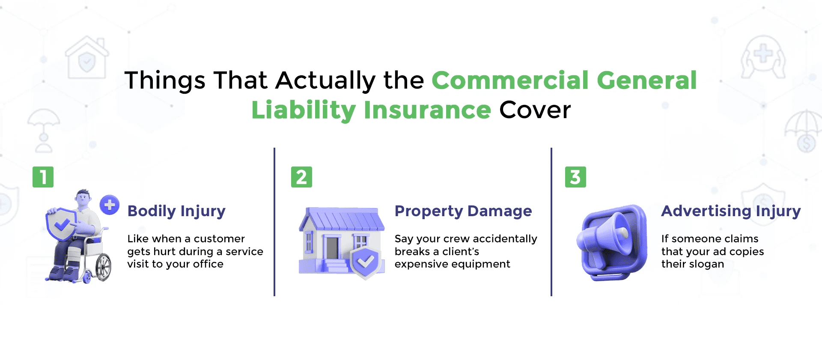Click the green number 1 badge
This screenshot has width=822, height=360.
43,177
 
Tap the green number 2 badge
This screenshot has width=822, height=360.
301,177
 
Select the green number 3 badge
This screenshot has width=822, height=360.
575,177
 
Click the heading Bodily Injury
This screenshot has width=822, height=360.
176,211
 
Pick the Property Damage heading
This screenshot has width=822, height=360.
463,211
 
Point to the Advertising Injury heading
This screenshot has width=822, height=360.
731,211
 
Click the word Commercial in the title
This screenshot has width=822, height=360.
510,80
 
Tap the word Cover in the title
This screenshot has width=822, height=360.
535,110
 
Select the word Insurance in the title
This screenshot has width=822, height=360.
427,110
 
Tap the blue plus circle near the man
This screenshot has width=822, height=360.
110,205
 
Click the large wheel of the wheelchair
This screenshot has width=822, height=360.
103,268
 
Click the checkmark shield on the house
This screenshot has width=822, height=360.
366,261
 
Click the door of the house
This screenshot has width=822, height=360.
332,248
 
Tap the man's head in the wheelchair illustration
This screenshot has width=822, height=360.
83,198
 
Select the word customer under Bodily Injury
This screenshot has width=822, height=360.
219,238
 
